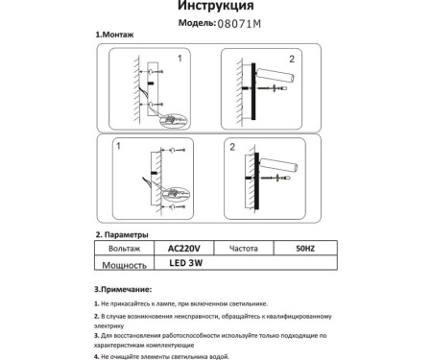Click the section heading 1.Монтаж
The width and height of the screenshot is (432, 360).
pyautogui.click(x=115, y=34)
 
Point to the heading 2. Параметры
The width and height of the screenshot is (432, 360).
pyautogui.click(x=122, y=234)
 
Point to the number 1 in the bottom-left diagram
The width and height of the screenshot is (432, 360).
pyautogui.click(x=118, y=146)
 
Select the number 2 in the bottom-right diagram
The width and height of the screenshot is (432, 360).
pyautogui.click(x=232, y=147)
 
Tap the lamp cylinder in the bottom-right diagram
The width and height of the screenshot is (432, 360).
pyautogui.click(x=278, y=162)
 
